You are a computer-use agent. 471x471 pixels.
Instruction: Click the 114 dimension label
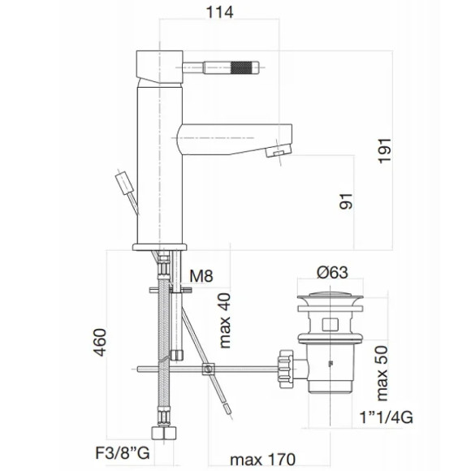[219, 13]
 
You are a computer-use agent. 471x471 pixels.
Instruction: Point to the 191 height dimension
[384, 151]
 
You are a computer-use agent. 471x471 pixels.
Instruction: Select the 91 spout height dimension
[346, 201]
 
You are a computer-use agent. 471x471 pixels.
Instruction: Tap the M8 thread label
[201, 276]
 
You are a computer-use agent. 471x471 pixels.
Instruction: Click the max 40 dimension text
[225, 321]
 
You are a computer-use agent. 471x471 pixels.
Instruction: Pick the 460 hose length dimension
[100, 343]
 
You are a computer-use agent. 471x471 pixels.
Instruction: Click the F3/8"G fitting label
[123, 453]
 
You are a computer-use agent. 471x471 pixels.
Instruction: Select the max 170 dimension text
[263, 460]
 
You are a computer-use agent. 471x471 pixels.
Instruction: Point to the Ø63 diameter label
[332, 272]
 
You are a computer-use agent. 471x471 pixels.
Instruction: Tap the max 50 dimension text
[382, 374]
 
